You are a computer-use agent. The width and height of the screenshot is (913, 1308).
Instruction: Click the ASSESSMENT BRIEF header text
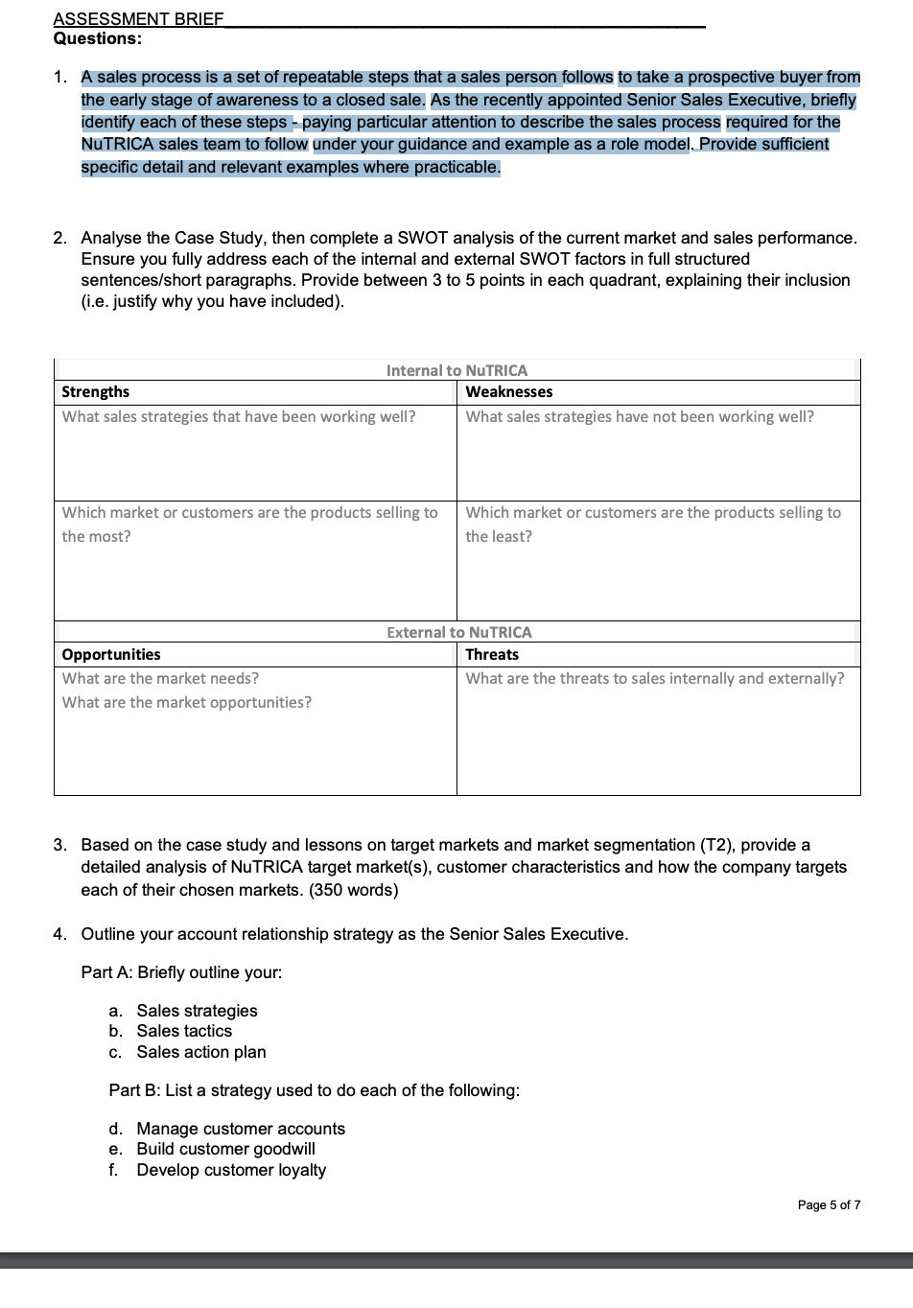(138, 19)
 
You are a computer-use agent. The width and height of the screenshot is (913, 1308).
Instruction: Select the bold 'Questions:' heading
(98, 39)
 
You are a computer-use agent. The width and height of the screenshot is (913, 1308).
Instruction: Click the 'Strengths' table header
(95, 392)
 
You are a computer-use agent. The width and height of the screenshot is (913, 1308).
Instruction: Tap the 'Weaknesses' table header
(508, 392)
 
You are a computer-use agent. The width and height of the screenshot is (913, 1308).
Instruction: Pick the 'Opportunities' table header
(111, 655)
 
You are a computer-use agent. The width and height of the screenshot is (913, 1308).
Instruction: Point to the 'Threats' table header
(492, 655)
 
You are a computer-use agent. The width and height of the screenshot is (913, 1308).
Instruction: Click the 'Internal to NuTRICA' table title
(456, 370)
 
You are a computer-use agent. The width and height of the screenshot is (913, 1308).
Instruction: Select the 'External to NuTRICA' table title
(458, 633)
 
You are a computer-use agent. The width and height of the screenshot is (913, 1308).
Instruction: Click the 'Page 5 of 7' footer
(829, 1205)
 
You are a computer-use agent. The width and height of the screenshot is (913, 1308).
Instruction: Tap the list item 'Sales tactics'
(184, 1031)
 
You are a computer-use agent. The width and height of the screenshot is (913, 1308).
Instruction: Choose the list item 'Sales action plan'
(201, 1052)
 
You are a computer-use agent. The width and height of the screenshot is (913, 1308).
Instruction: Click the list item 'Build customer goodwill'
(225, 1149)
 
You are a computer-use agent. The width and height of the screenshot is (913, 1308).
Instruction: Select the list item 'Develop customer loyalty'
(231, 1170)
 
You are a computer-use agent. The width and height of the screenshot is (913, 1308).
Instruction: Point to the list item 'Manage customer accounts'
(241, 1129)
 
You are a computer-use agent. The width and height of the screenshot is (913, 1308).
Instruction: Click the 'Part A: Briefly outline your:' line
(181, 972)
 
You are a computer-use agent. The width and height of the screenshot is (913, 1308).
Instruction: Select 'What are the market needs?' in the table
(160, 679)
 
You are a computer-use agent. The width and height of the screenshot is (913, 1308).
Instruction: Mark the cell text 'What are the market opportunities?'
(187, 703)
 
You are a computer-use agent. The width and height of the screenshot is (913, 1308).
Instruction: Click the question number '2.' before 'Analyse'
(60, 238)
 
